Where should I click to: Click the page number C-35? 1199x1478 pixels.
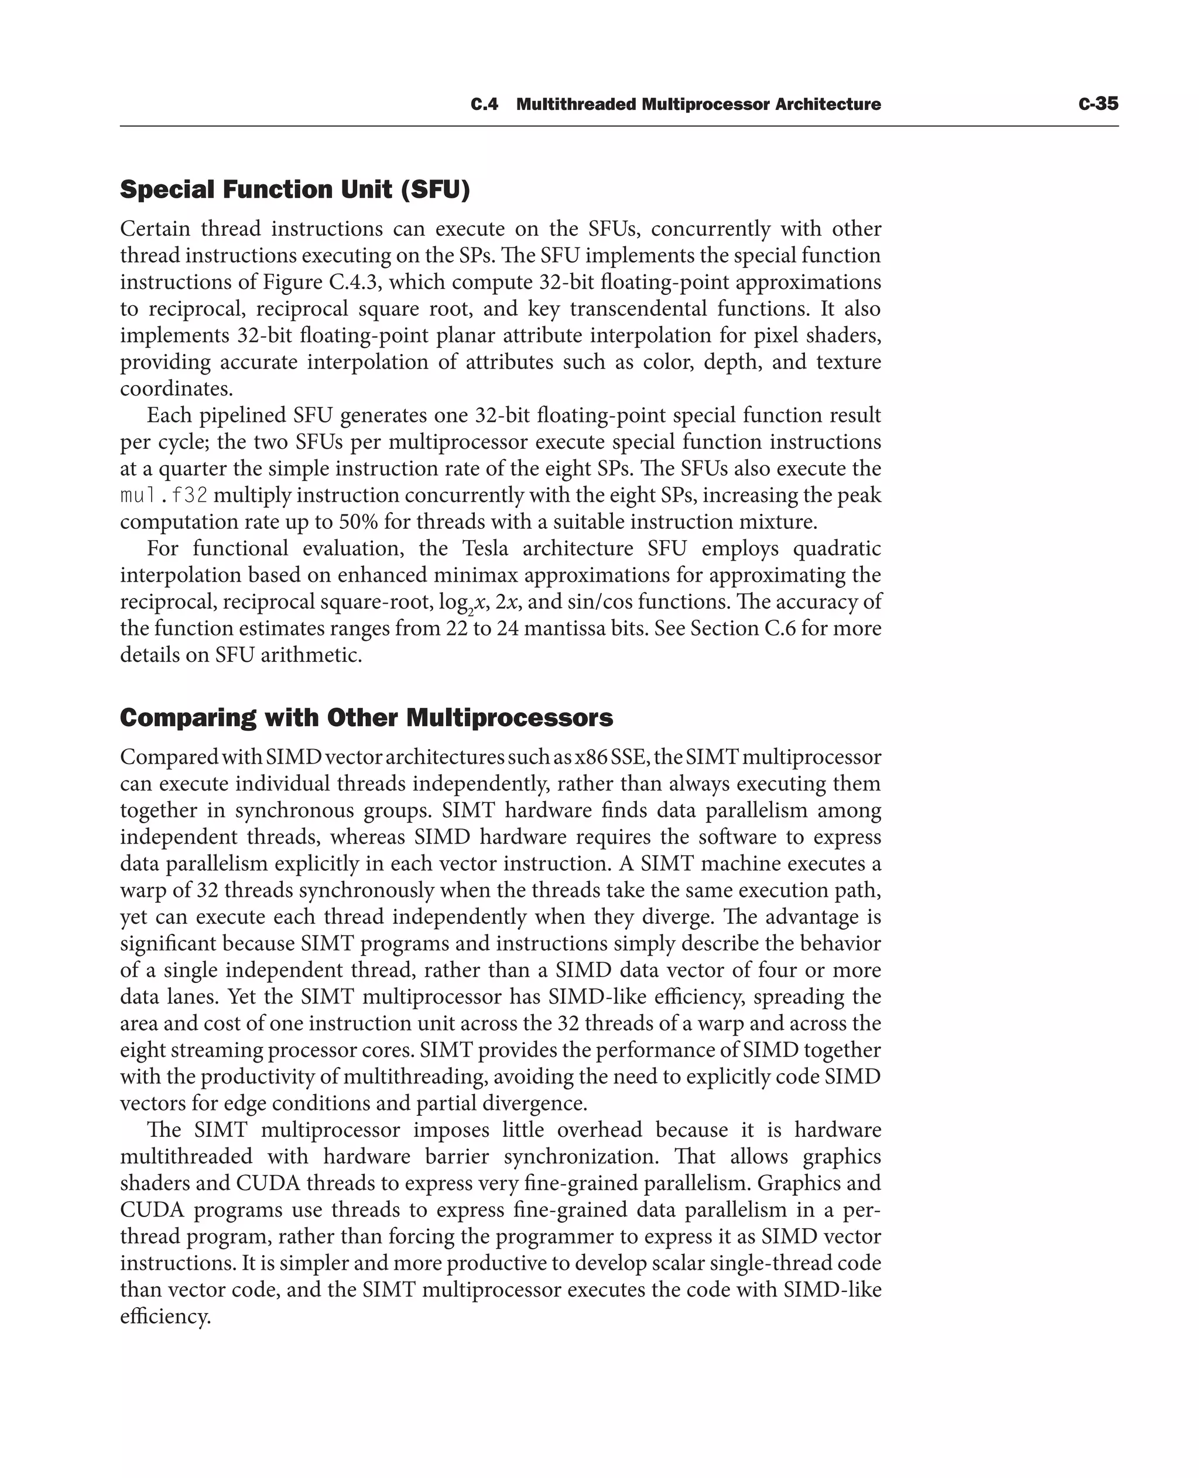[x=1098, y=104]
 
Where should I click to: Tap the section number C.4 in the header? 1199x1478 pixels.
[x=484, y=105]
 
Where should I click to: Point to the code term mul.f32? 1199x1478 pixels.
[x=164, y=496]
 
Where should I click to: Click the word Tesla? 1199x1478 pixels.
[x=485, y=549]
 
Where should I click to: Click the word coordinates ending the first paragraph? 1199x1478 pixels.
[x=176, y=389]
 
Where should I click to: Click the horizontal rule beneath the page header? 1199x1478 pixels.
[x=619, y=126]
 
